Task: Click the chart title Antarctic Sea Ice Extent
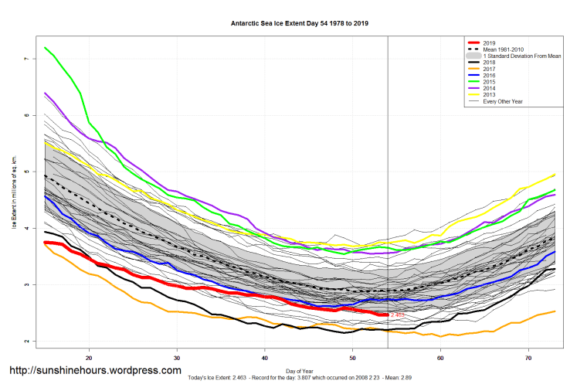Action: [x=293, y=22]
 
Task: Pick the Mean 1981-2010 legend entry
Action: [x=499, y=49]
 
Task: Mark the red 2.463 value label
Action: [x=398, y=315]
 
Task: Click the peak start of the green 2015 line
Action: [x=46, y=48]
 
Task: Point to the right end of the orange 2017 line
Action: [x=555, y=311]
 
